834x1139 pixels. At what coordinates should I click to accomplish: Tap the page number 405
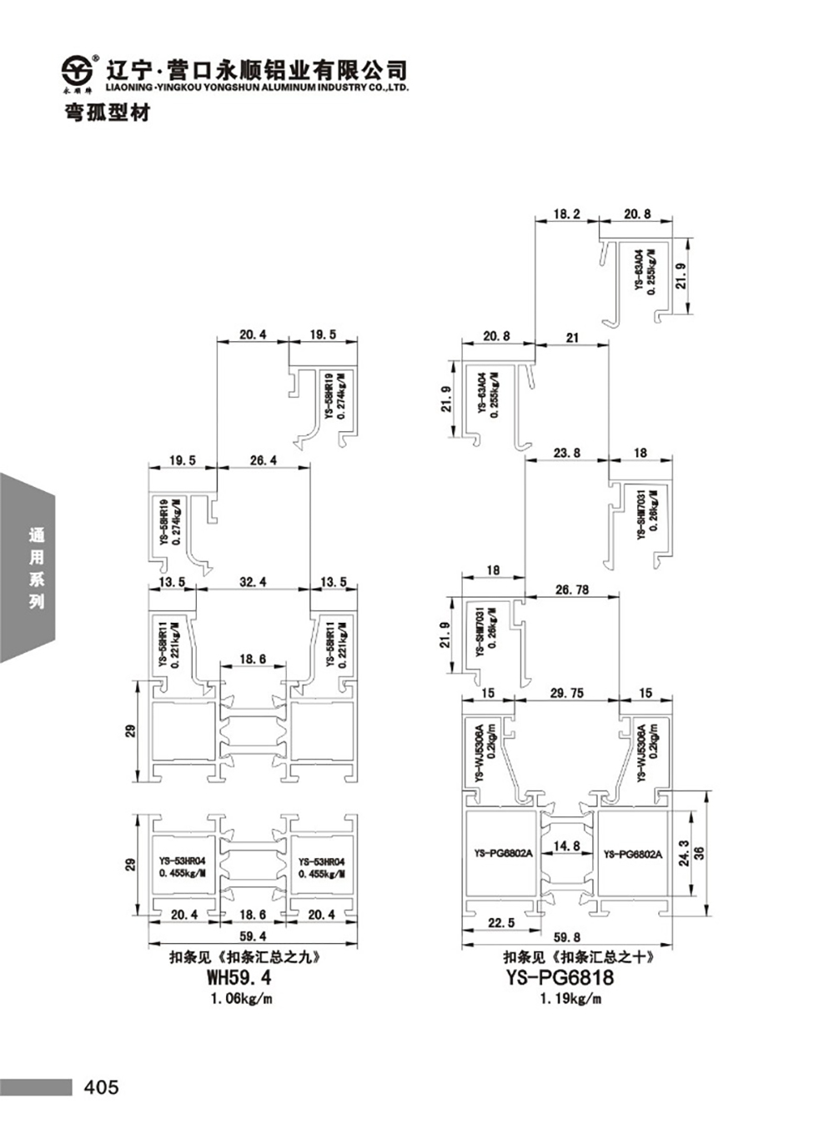[102, 1087]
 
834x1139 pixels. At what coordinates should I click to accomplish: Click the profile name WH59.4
[239, 976]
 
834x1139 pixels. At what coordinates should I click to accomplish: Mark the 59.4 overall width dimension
[253, 936]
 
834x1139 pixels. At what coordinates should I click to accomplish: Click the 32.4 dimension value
[253, 581]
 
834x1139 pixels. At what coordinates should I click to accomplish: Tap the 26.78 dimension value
[572, 590]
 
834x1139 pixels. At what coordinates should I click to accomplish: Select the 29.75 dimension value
[567, 693]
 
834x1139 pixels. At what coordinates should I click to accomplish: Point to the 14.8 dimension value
[567, 846]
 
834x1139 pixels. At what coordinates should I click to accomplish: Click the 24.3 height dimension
[684, 854]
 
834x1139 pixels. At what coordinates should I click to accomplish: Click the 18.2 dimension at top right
[567, 214]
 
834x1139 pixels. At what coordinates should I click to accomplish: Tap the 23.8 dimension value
[567, 453]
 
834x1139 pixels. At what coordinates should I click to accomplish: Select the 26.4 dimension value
[263, 460]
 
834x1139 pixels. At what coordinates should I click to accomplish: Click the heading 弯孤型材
[108, 113]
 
